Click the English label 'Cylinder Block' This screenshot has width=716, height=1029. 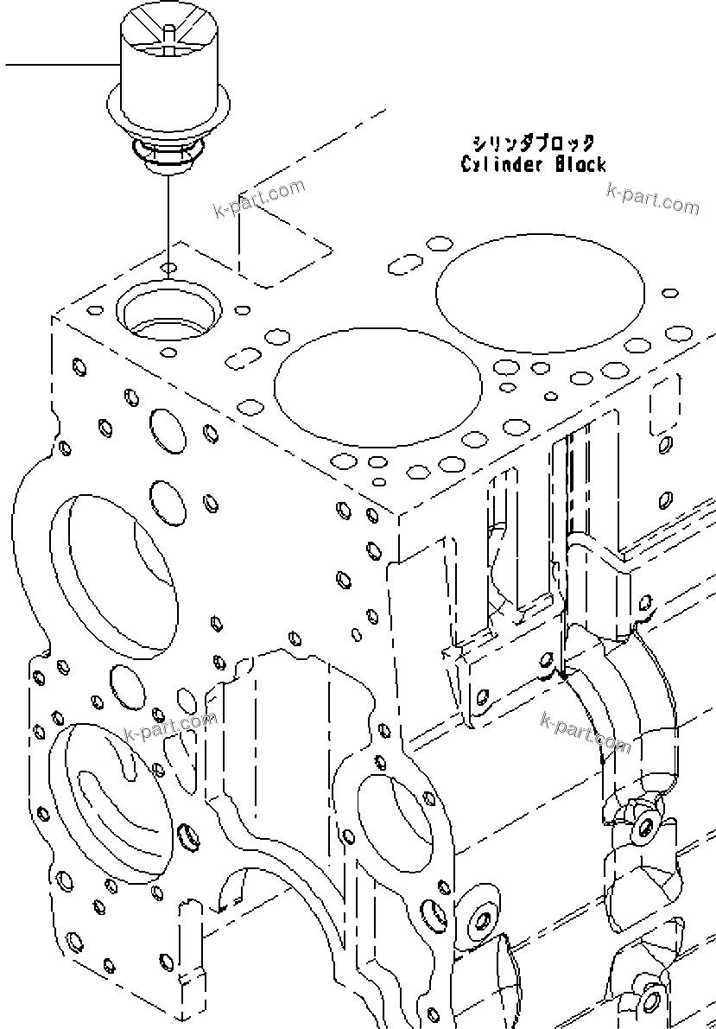[x=533, y=164]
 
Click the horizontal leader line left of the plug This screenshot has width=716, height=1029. [x=60, y=66]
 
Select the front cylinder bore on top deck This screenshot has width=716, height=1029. [x=378, y=385]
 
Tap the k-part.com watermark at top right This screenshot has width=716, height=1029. [x=653, y=198]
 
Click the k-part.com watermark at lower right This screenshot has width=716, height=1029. [x=585, y=731]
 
